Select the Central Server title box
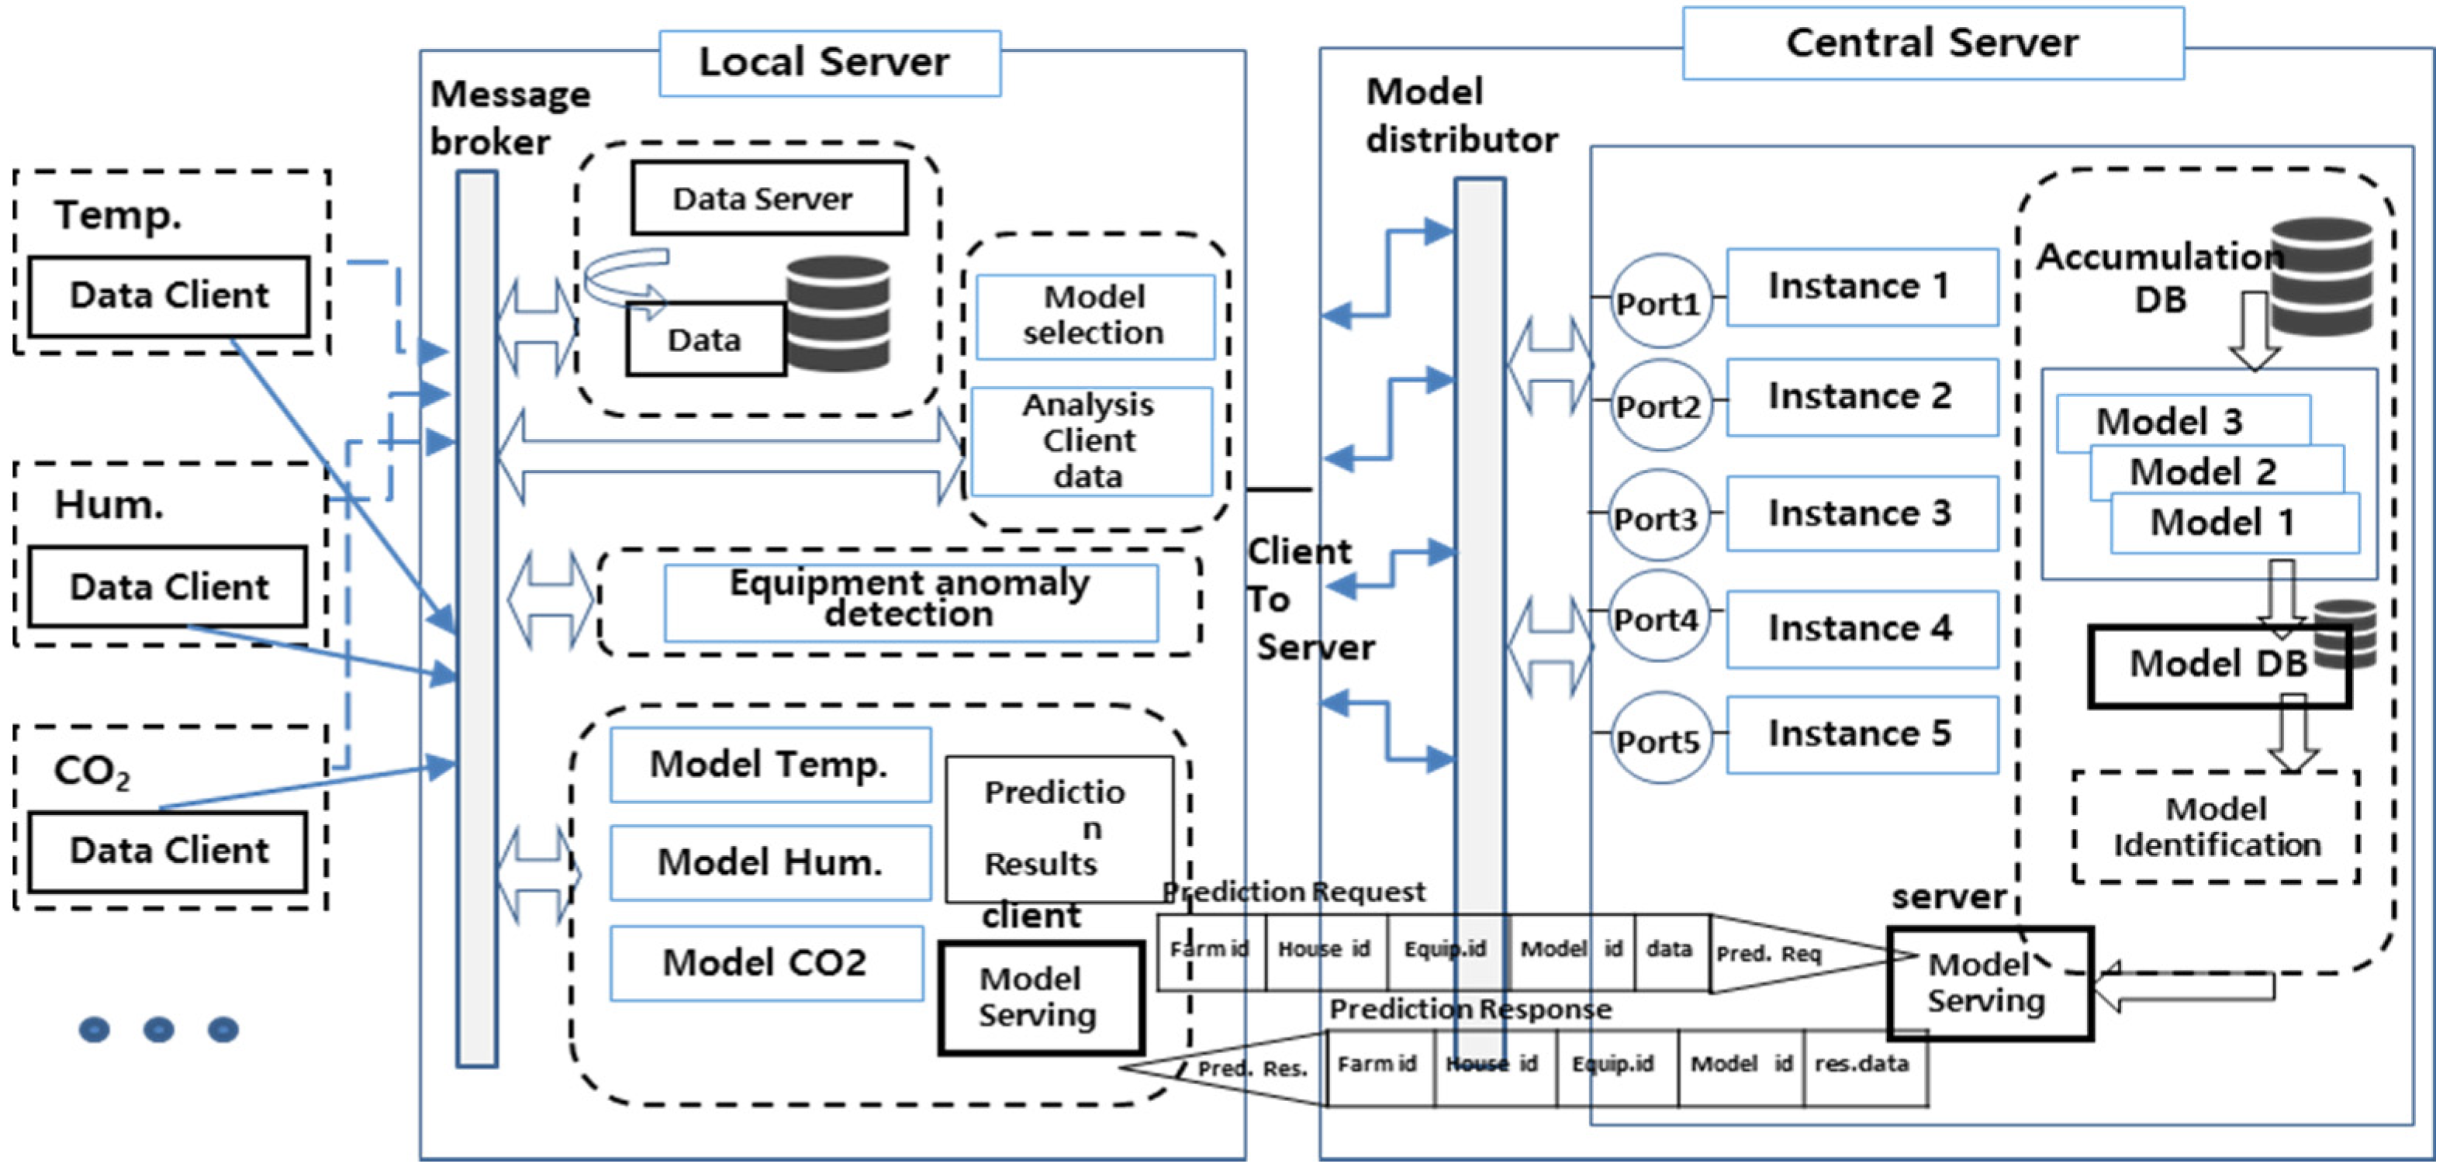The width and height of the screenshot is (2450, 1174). [1932, 43]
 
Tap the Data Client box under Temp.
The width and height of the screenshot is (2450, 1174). [169, 295]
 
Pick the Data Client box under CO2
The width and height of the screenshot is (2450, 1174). [168, 851]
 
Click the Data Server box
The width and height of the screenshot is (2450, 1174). [769, 198]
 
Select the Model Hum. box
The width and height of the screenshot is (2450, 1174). [770, 862]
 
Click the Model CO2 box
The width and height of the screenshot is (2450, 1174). [765, 963]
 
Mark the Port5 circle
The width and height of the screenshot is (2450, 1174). [1659, 739]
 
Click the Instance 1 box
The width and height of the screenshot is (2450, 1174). [1861, 287]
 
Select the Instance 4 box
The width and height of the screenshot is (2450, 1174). [1861, 628]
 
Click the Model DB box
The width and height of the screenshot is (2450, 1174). [2217, 665]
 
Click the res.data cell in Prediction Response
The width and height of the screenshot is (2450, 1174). [1863, 1065]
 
